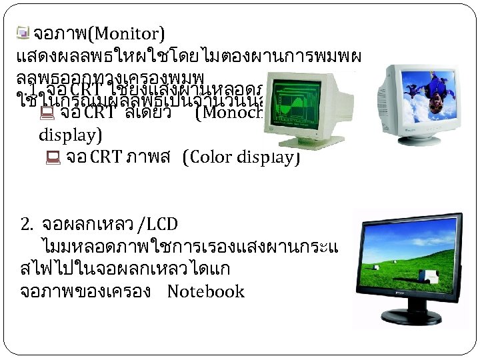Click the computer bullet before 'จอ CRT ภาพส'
(x=54, y=159)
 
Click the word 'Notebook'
(x=206, y=291)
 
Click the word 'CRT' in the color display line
(x=103, y=158)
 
